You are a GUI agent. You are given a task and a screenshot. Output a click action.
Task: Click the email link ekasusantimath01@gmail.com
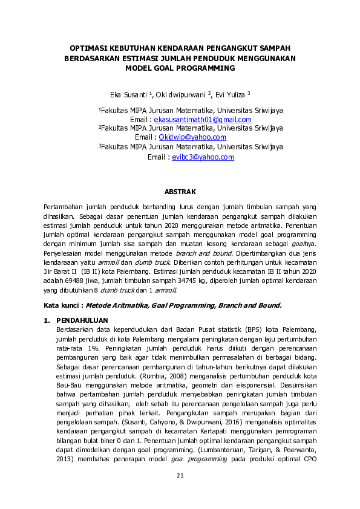pos(203,120)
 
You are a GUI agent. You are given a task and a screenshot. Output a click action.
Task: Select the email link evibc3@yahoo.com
pos(203,157)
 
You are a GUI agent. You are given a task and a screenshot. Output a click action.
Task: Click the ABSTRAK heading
pos(180,192)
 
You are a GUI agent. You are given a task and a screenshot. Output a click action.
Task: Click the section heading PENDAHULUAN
pos(82,319)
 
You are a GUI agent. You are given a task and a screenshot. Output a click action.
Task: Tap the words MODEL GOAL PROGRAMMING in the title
pos(180,68)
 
